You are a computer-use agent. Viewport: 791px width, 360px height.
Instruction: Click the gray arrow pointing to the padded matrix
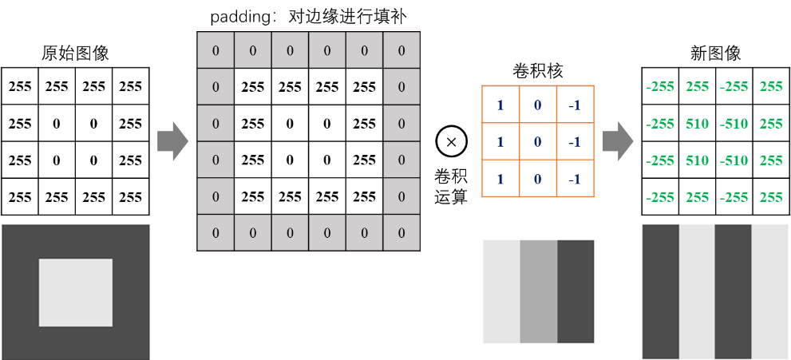pyautogui.click(x=172, y=141)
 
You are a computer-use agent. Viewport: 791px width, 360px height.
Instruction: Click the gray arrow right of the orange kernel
pyautogui.click(x=617, y=141)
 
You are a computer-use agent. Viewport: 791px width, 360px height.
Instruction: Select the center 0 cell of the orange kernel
pyautogui.click(x=538, y=142)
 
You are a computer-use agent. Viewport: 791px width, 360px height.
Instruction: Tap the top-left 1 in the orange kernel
pyautogui.click(x=500, y=105)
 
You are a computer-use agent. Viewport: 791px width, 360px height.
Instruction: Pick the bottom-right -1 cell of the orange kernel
pyautogui.click(x=575, y=179)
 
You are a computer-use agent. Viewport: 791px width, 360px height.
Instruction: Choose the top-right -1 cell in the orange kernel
pyautogui.click(x=575, y=105)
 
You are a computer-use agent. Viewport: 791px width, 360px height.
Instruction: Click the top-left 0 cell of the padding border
pyautogui.click(x=216, y=50)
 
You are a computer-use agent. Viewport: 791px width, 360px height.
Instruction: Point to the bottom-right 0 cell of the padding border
pyautogui.click(x=401, y=232)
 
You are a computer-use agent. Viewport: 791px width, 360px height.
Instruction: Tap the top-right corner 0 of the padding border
pyautogui.click(x=401, y=50)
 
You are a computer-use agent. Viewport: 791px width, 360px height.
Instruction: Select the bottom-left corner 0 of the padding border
pyautogui.click(x=216, y=232)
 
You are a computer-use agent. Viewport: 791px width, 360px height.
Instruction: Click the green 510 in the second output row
pyautogui.click(x=697, y=124)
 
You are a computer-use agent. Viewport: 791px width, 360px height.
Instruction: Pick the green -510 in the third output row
pyautogui.click(x=734, y=160)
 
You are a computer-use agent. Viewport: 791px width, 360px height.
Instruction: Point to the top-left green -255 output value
pyautogui.click(x=660, y=87)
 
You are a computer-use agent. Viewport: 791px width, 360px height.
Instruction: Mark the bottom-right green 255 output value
pyautogui.click(x=771, y=197)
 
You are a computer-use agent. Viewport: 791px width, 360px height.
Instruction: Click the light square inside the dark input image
pyautogui.click(x=76, y=292)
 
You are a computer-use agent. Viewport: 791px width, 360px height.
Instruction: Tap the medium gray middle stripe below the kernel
pyautogui.click(x=538, y=291)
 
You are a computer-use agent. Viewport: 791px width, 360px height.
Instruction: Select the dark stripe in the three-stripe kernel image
pyautogui.click(x=575, y=291)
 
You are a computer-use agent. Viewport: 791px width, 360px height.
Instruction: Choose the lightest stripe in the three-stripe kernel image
pyautogui.click(x=501, y=291)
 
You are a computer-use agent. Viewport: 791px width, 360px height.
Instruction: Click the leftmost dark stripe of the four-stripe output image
pyautogui.click(x=661, y=291)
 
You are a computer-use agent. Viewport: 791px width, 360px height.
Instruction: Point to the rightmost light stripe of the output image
pyautogui.click(x=770, y=291)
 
